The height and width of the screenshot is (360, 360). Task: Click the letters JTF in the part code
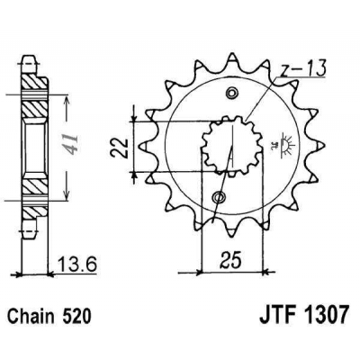tap(267, 318)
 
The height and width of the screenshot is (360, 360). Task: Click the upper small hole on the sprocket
tap(235, 94)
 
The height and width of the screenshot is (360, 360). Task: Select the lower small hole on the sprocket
tap(219, 197)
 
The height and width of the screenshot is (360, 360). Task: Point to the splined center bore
tap(227, 145)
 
